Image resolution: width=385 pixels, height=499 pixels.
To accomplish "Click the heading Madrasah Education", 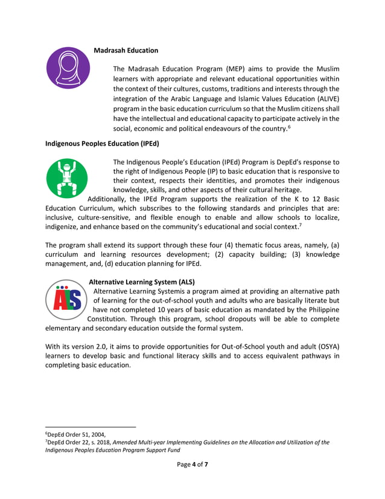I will tap(126, 50).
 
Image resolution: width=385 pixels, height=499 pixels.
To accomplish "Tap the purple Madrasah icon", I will tap(68, 68).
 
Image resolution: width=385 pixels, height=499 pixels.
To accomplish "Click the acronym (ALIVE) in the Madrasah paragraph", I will tap(325, 98).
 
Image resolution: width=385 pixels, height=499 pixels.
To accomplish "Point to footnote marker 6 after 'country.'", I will tap(290, 127).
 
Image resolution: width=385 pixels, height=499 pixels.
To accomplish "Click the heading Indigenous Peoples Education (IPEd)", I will tap(102, 143).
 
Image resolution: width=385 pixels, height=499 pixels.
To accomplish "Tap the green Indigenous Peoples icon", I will tap(67, 178).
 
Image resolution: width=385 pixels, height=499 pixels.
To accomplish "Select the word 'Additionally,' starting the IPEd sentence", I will tap(109, 199).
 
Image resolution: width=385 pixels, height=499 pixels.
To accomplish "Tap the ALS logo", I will tap(67, 299).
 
